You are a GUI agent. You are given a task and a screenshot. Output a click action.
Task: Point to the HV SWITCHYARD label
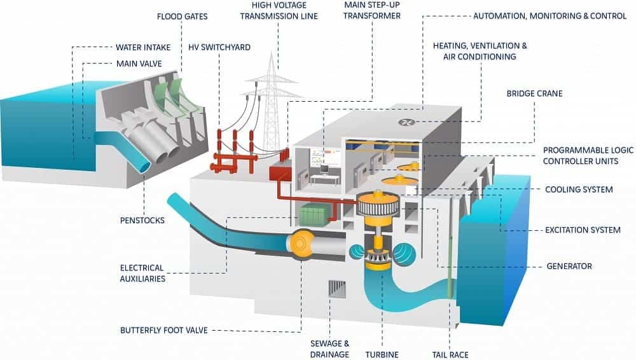tap(219, 47)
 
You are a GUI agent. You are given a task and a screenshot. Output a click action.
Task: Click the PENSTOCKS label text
tap(142, 221)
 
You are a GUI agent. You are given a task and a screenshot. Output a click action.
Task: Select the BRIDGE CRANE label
tap(534, 93)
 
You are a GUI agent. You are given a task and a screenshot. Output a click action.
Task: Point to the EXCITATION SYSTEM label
tap(583, 230)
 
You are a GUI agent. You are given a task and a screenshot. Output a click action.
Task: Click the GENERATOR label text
tap(569, 266)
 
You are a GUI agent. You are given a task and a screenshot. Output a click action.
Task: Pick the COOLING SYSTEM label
tap(579, 190)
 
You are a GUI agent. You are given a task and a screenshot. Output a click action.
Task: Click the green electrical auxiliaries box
tap(313, 214)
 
